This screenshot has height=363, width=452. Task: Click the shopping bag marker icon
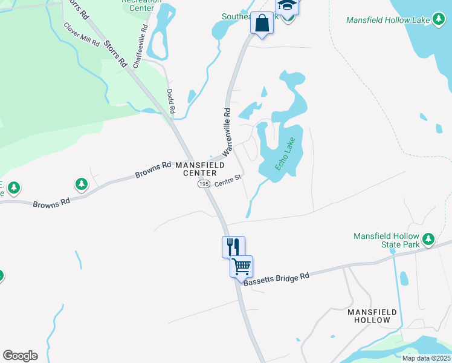pos(261,24)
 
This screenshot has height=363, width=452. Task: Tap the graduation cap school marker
pos(287,6)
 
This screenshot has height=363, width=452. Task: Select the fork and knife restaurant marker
pos(233,246)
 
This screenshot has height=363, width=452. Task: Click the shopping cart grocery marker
pos(241,266)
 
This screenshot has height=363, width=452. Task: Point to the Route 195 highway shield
pos(204,183)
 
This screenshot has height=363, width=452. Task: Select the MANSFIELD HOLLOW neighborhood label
pos(373,315)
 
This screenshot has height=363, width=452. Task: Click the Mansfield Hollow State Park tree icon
pos(428,239)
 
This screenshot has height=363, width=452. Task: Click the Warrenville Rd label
pos(228,130)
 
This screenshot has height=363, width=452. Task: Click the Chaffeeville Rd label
pos(141,47)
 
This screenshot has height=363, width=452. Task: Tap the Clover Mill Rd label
pos(81,35)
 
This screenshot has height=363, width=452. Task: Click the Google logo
pos(20,356)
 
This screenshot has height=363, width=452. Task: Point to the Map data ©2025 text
pos(426,358)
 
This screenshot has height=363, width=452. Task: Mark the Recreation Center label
pos(141,5)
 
